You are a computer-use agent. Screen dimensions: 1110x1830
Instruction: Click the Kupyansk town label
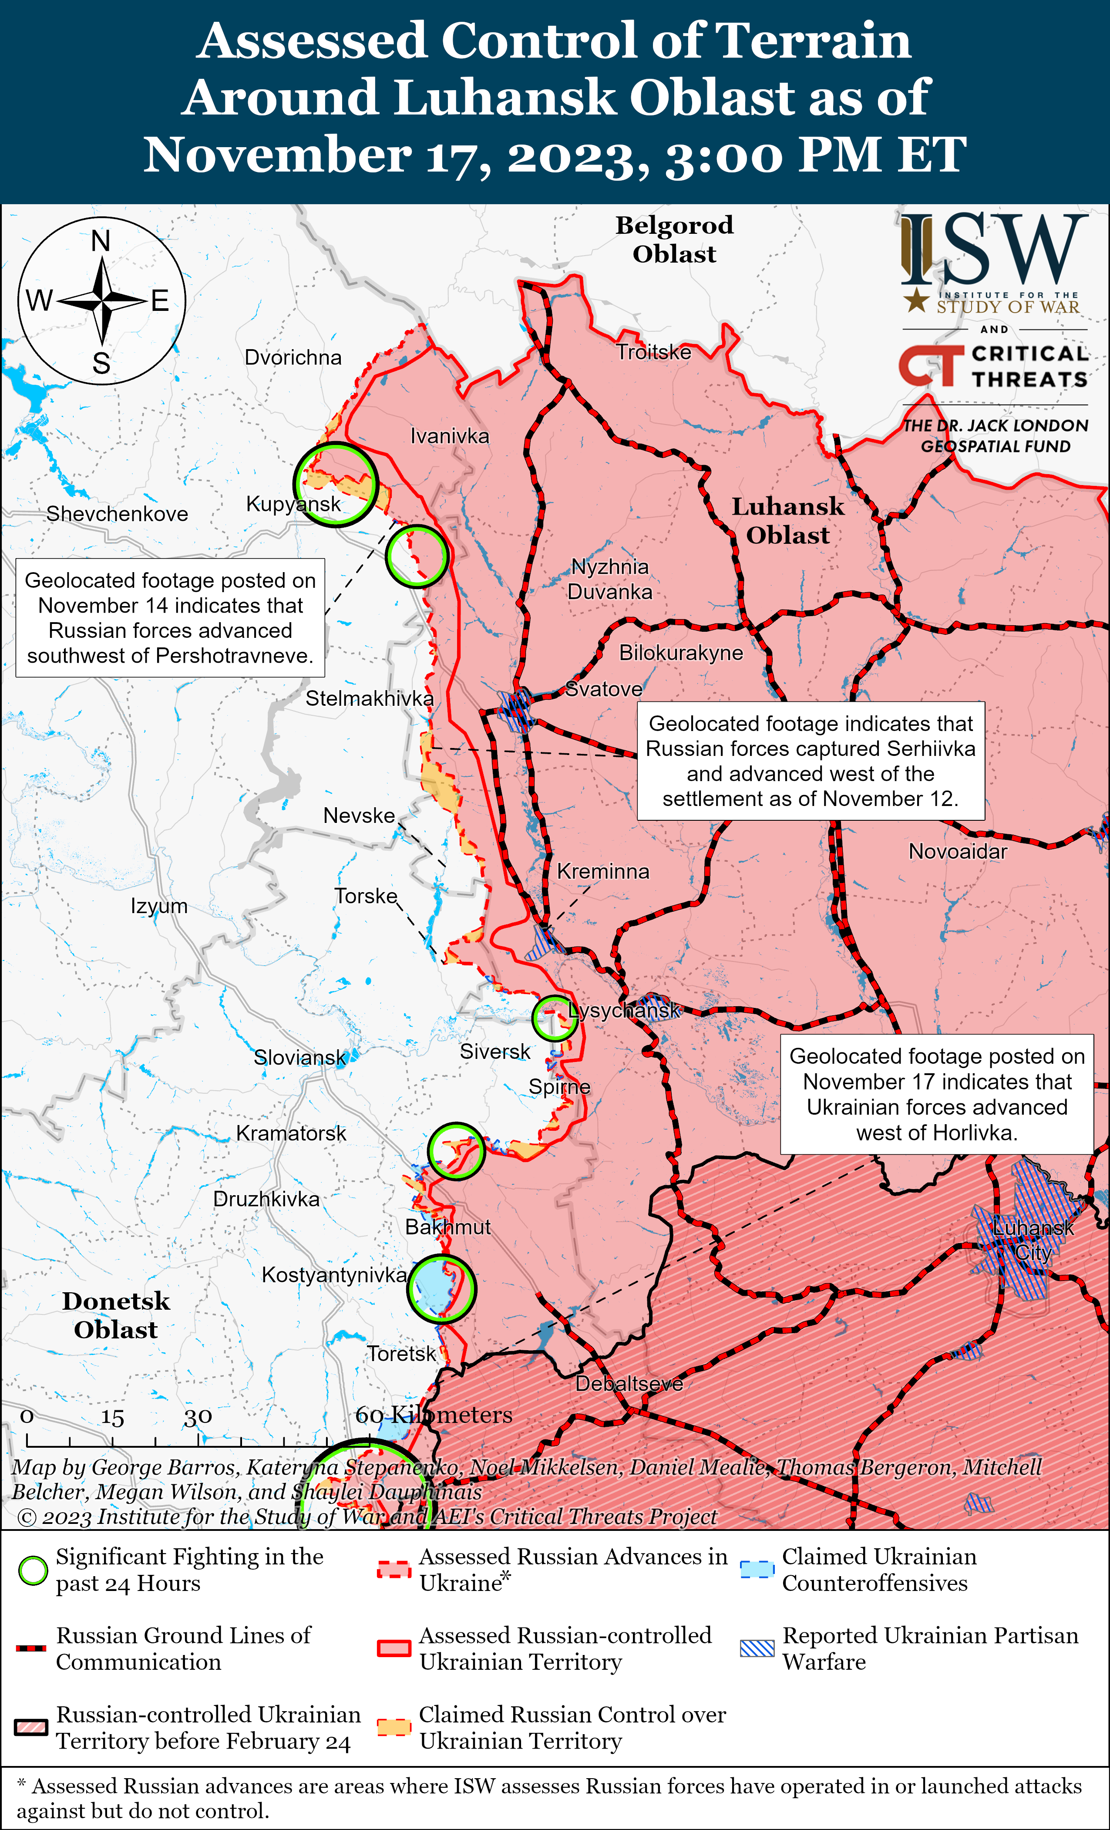(293, 504)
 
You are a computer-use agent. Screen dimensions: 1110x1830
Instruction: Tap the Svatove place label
(604, 689)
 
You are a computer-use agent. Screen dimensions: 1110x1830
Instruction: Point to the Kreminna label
(603, 871)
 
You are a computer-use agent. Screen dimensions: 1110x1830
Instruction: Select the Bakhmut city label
(448, 1227)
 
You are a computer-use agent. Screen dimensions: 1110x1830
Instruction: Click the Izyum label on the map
(159, 906)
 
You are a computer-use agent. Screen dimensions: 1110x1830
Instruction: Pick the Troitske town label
(653, 352)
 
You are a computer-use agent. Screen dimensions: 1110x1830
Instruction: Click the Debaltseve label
(629, 1384)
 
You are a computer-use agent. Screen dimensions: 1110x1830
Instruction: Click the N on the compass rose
(101, 241)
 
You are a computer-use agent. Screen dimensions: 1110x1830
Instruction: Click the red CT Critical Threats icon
(927, 365)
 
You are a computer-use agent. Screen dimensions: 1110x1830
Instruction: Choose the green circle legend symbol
(33, 1570)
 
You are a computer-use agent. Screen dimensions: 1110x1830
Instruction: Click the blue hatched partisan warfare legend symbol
(757, 1649)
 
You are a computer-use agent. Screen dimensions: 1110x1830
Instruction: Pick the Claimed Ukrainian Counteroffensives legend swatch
(757, 1570)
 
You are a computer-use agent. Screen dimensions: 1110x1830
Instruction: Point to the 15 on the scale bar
(112, 1417)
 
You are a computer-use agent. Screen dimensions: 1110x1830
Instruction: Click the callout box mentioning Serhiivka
(811, 761)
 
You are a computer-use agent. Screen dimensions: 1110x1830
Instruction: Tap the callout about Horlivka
(936, 1094)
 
